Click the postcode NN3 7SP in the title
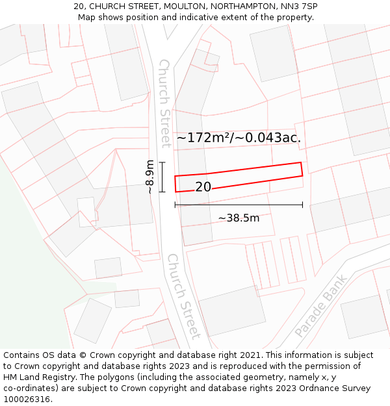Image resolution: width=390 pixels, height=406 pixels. click(x=296, y=6)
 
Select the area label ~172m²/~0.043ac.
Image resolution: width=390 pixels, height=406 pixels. click(x=239, y=138)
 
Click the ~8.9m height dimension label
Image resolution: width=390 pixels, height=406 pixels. click(x=150, y=177)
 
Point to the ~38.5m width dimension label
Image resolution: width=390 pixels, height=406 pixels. click(x=239, y=218)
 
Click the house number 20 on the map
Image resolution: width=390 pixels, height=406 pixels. click(x=203, y=187)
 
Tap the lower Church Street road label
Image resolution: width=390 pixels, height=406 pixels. click(x=183, y=296)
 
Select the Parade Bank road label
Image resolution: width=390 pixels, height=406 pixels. click(x=322, y=305)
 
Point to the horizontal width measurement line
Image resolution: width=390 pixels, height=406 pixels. click(x=239, y=205)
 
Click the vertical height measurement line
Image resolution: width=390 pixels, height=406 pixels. click(x=162, y=177)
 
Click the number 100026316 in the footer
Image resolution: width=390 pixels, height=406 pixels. click(x=27, y=400)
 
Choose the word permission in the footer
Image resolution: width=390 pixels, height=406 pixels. click(x=330, y=366)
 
